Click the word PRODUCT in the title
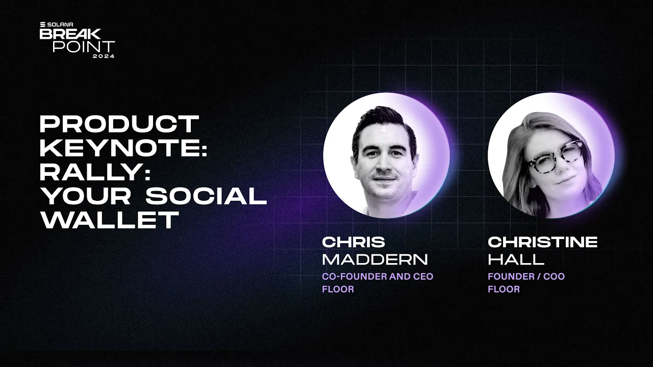[119, 124]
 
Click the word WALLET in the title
[110, 221]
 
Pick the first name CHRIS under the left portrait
[354, 242]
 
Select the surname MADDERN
[374, 259]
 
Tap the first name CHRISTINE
[542, 242]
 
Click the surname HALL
[516, 259]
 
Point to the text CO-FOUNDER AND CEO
[378, 277]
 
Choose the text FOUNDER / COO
[526, 277]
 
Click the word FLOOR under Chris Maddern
[338, 290]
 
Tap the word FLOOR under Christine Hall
[504, 290]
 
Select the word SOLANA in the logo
[58, 24]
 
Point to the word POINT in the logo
[84, 46]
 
